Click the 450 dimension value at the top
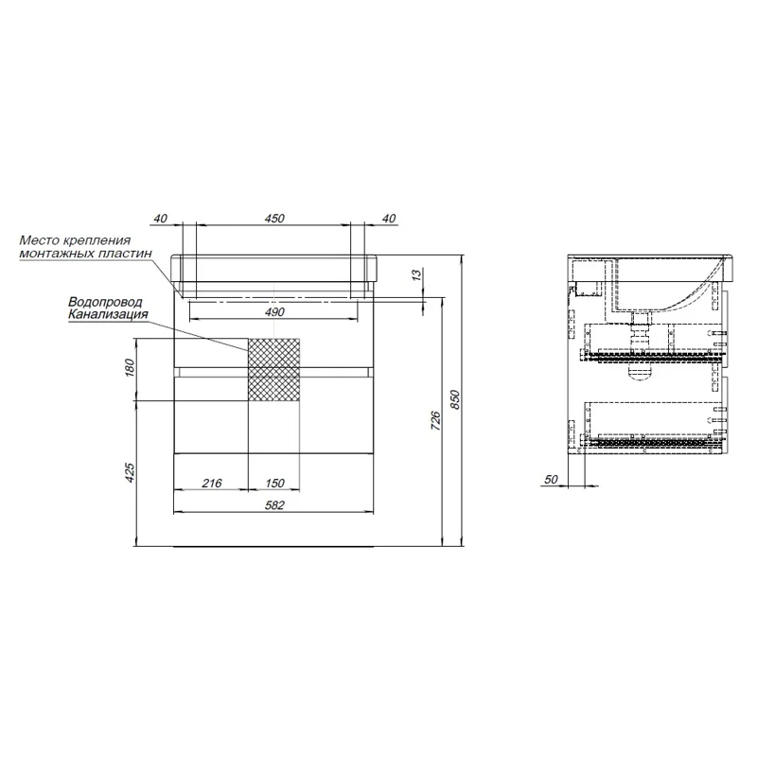tap(274, 219)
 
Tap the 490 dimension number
tap(274, 312)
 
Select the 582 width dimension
tap(274, 505)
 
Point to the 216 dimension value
tap(212, 483)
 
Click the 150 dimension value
tap(274, 483)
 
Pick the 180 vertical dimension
tap(130, 368)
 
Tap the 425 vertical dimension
tap(130, 472)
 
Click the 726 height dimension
tap(435, 420)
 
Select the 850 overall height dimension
tap(456, 399)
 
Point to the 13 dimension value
tap(417, 274)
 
